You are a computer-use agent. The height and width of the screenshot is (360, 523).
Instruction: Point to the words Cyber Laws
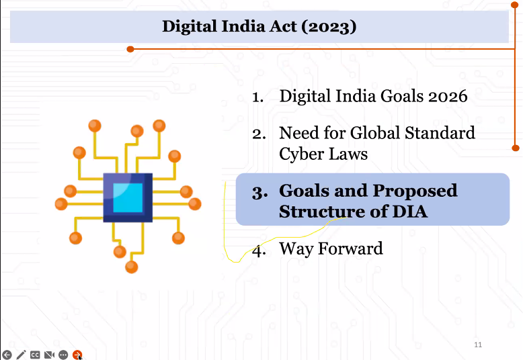click(323, 154)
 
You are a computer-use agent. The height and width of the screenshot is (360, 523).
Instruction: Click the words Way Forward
click(331, 249)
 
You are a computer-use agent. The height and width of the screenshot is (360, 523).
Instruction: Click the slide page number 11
click(478, 345)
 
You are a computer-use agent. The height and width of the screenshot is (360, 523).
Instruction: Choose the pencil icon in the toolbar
click(22, 355)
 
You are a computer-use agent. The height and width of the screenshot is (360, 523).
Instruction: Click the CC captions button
click(36, 355)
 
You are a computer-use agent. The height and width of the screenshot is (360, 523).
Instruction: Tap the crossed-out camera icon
click(49, 355)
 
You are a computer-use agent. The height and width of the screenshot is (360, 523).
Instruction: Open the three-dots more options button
click(63, 355)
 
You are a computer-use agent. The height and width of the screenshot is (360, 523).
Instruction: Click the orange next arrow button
click(77, 355)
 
